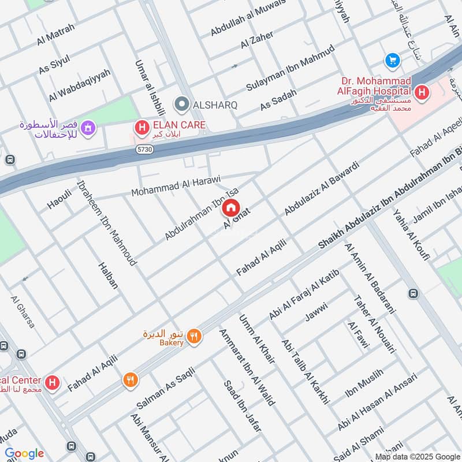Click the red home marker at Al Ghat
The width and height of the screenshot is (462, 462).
(231, 207)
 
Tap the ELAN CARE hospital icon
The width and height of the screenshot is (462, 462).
(140, 125)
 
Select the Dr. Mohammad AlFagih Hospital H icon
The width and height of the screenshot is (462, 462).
(422, 92)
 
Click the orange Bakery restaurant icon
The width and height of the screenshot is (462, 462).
(195, 336)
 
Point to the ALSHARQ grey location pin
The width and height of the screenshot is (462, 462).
(182, 105)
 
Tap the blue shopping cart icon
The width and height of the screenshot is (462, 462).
(393, 59)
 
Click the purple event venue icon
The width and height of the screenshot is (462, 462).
(88, 126)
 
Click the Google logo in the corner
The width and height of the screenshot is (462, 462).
(24, 453)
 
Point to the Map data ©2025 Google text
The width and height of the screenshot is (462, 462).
(417, 456)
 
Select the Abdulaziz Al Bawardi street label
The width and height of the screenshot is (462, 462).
(321, 189)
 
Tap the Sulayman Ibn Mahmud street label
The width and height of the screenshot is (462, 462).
(290, 68)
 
